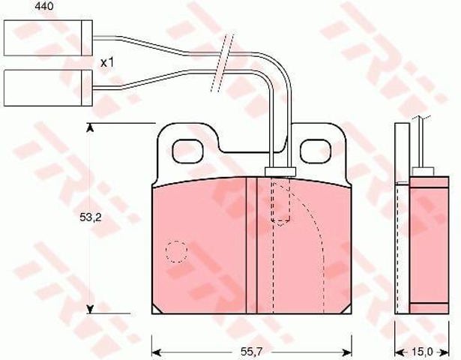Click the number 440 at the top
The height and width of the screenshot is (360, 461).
click(x=44, y=6)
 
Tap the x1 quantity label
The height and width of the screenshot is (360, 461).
click(x=106, y=62)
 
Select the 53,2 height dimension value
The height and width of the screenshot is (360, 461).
click(x=90, y=217)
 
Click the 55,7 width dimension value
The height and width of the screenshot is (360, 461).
click(x=251, y=351)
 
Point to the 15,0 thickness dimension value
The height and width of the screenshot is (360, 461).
click(x=422, y=351)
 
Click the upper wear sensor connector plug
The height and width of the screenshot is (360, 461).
click(x=48, y=38)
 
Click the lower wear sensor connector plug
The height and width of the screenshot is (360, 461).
click(x=48, y=88)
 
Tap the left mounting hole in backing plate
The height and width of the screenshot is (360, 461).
click(x=188, y=151)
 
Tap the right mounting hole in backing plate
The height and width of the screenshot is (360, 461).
click(x=315, y=151)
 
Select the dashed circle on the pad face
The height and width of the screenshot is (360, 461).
click(x=176, y=251)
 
